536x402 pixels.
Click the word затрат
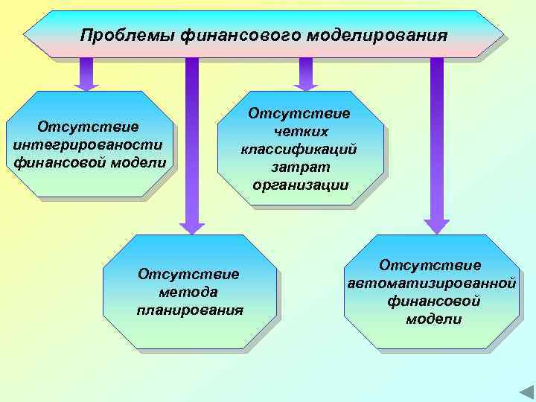(299, 167)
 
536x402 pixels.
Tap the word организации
(300, 185)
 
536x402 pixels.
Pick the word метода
(188, 292)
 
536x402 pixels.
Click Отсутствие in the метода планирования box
(188, 274)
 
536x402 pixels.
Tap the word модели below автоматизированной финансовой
(433, 319)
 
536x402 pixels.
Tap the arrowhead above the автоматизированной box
(436, 226)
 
